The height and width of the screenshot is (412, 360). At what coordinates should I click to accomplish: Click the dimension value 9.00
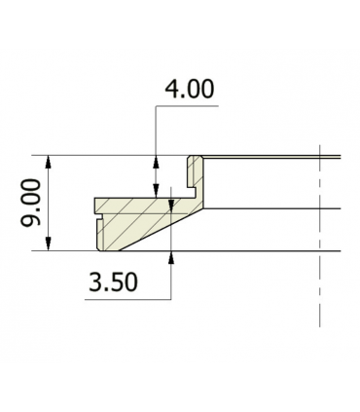[x=31, y=203]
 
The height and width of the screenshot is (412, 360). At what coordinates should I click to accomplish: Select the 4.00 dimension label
[x=190, y=90]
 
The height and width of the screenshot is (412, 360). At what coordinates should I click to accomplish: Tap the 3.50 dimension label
[x=113, y=281]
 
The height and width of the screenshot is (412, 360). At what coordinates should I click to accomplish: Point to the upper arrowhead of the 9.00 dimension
[x=49, y=162]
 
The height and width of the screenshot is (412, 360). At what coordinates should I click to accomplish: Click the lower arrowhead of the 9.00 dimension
[x=49, y=244]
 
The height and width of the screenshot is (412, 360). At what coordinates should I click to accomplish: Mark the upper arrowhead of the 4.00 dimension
[x=156, y=162]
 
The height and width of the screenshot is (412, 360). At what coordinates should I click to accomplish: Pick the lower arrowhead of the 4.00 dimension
[x=156, y=192]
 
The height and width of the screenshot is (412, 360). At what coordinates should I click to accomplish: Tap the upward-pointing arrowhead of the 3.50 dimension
[x=171, y=258]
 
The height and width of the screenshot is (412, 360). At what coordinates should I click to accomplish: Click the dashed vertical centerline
[x=320, y=236]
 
